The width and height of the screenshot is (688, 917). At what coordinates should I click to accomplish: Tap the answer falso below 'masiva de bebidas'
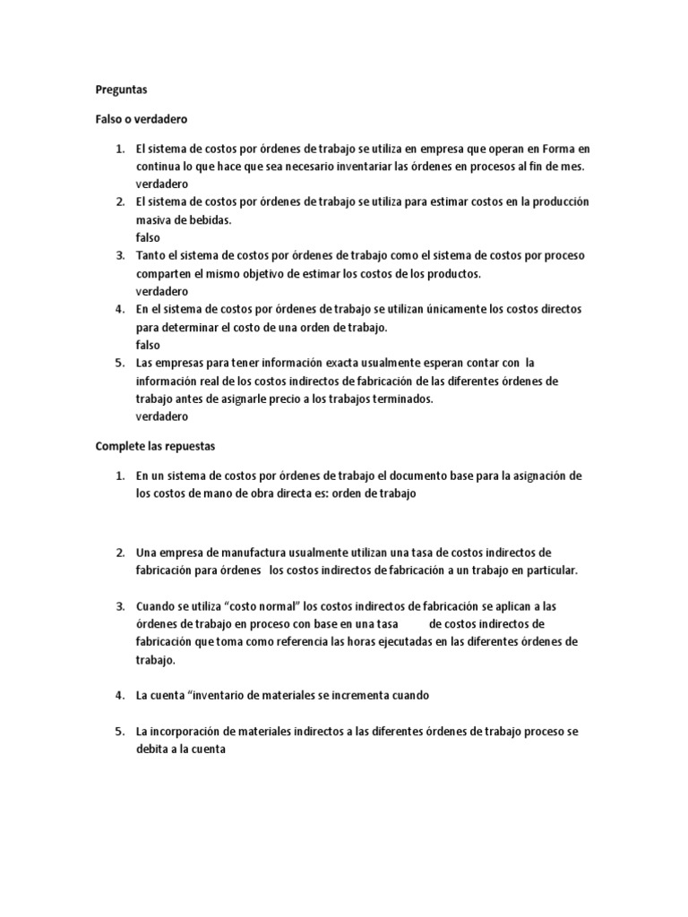tap(148, 237)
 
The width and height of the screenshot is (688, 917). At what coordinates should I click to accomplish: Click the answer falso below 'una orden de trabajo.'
tap(148, 345)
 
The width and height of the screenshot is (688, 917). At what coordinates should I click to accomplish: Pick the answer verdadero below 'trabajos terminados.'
tap(162, 416)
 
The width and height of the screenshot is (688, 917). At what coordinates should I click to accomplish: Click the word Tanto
tap(151, 255)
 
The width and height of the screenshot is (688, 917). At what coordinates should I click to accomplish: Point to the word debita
tap(152, 750)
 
